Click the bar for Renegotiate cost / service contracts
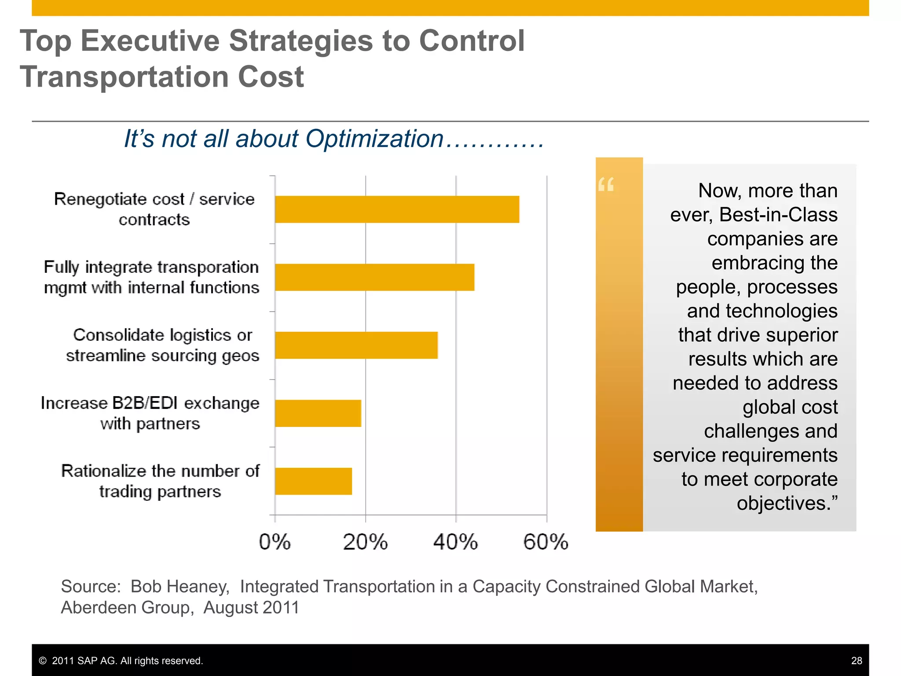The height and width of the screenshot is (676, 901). pos(397,209)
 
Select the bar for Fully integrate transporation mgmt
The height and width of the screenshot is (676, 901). pos(374,277)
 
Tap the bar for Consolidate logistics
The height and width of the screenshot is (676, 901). pos(356,345)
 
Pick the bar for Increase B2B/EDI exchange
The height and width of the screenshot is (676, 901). pos(318,413)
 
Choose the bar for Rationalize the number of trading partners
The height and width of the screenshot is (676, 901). pos(313,481)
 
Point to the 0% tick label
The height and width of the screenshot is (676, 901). pos(275,542)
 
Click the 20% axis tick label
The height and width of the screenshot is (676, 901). pos(365,542)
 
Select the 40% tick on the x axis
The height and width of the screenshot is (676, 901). pos(455,542)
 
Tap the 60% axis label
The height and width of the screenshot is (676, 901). pos(546,542)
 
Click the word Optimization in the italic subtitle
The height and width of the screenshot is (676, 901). pos(374,139)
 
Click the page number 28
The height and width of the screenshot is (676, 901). pos(856,661)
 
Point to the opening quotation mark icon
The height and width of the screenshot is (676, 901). pos(606,184)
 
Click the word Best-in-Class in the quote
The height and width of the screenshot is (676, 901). pos(778,215)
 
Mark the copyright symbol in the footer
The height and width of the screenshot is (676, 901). pos(43,661)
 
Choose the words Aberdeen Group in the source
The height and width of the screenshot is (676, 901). pos(125,608)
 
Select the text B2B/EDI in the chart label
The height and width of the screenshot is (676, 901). pos(145,403)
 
